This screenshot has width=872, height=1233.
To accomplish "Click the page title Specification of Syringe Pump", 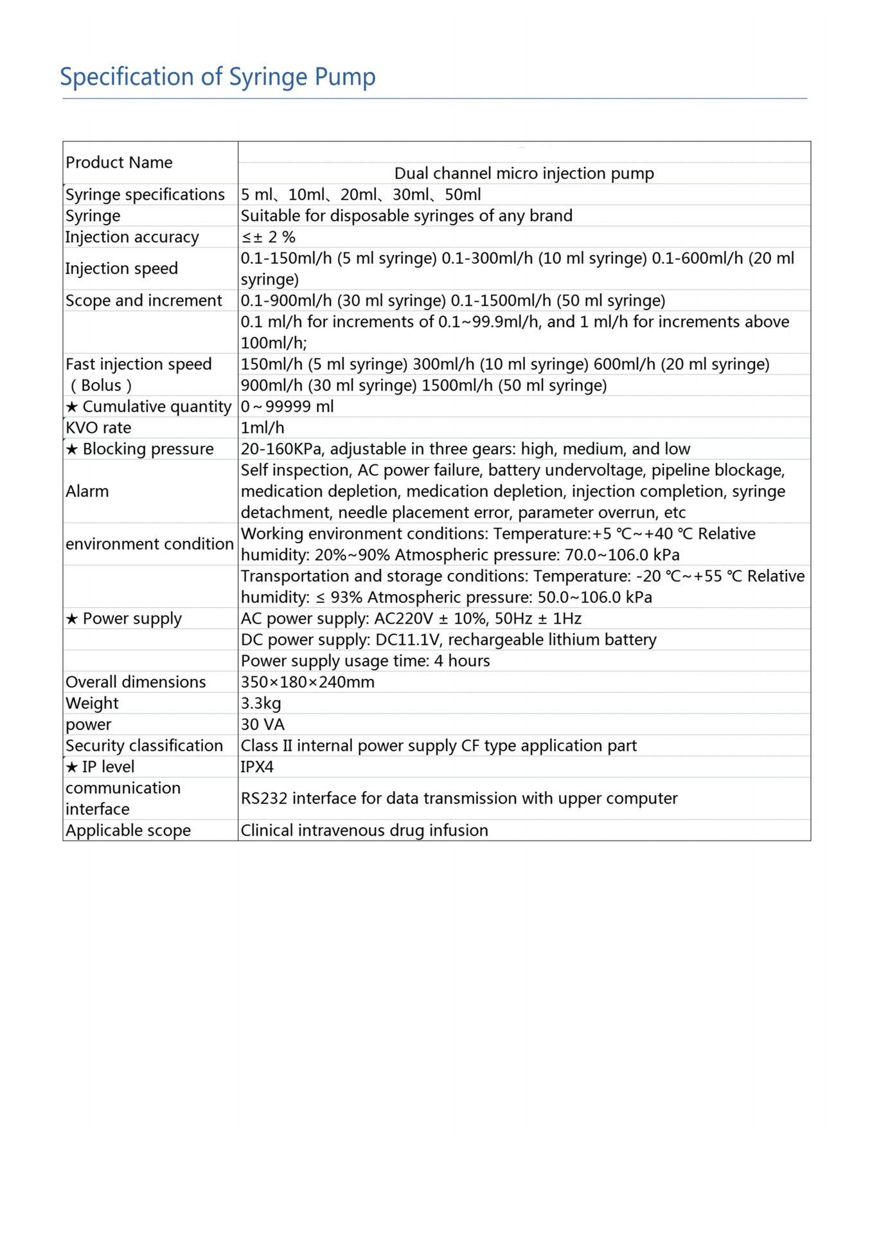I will pos(217,77).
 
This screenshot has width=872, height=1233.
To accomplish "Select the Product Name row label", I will pos(119,162).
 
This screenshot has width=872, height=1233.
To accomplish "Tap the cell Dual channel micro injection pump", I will pos(524,173).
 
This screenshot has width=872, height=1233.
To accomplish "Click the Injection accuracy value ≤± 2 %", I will pos(268,237).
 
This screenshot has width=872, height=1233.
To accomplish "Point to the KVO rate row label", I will pos(98,428).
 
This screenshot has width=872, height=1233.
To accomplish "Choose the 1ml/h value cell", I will pos(262,428).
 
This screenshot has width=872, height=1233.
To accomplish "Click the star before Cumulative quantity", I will pos(72,407).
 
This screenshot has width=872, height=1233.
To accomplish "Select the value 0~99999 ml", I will pos(287,407).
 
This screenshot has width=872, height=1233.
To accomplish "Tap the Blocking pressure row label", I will pos(148,449).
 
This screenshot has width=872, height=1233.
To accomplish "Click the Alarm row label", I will pos(87,491).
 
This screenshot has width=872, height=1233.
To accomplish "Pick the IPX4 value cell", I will pos(257,767).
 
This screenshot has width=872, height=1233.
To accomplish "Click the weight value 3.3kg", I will pos(261,703).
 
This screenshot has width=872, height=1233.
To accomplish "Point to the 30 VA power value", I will pos(262,724).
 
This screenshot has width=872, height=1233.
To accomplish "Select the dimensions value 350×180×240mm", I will pos(307,682).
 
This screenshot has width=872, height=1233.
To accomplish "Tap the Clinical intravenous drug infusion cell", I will pos(364,830).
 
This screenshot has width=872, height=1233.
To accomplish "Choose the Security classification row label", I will pos(144,746).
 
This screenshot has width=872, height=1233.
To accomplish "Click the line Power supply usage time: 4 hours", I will pos(365,661).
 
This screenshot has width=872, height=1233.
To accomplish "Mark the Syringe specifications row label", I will pos(145,195).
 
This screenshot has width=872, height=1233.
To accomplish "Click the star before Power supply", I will pos(72,619).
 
